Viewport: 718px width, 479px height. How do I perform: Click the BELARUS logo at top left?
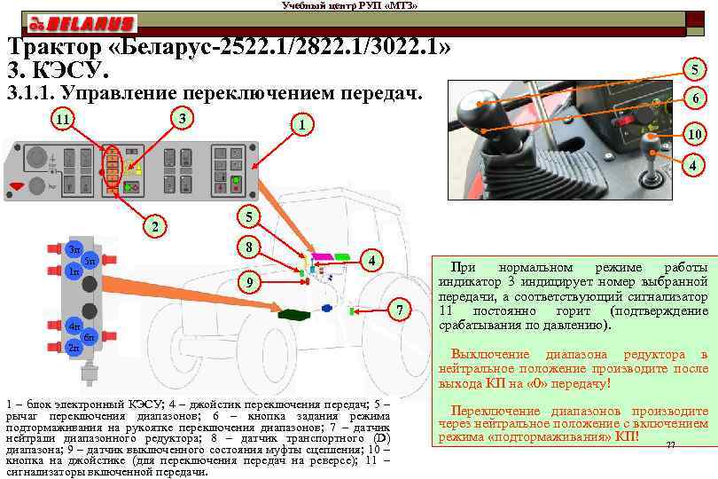coord(81,24)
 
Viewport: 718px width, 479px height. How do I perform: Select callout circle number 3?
coord(181,116)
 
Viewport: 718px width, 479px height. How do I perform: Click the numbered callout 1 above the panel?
coord(302,125)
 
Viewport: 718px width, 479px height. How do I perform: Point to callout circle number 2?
coord(155,226)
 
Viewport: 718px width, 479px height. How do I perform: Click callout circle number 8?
coord(251,247)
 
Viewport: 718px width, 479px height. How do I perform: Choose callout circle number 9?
coord(251,283)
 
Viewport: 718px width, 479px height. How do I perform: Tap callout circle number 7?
coord(401,310)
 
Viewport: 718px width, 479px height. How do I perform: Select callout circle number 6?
coord(698,99)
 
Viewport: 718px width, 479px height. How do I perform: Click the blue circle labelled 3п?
coord(74,249)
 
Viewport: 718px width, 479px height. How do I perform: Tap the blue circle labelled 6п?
coord(89,338)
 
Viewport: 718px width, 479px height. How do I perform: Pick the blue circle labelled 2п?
coord(74,349)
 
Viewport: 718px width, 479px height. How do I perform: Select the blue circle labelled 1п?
coord(74,272)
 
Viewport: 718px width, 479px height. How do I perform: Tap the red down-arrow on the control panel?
coord(16,185)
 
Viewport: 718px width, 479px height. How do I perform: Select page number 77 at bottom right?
coord(670,444)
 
